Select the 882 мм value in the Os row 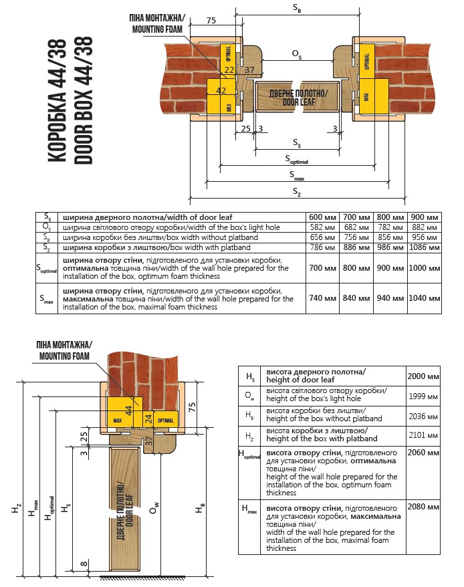(424, 227)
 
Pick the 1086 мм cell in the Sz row (424, 247)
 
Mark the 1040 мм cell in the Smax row (424, 299)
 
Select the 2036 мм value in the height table (423, 417)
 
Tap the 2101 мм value (423, 437)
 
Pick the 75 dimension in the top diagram (211, 21)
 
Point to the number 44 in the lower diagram (128, 408)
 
